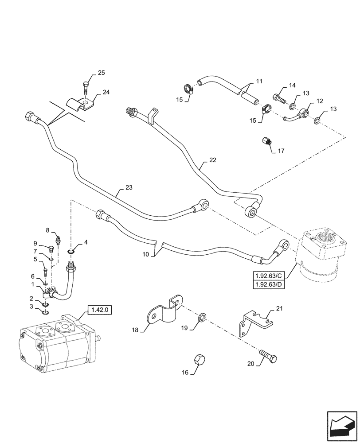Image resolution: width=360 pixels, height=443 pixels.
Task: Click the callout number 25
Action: coord(102,73)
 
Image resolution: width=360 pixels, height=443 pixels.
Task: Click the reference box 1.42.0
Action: coord(97,310)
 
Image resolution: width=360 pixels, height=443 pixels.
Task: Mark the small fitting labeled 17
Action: coord(267,143)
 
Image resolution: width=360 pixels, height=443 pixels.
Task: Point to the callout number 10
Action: coord(147,254)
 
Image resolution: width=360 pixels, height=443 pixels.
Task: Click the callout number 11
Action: coord(259,82)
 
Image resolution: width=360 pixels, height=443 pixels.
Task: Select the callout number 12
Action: coord(318,101)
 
